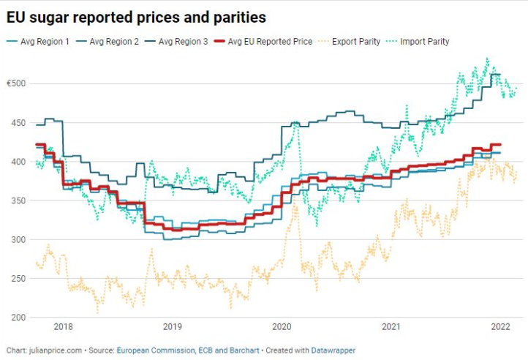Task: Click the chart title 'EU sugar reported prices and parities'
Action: (136, 15)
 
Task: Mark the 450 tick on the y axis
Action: (18, 122)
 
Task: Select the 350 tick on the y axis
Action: (18, 200)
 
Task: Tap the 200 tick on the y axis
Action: (18, 318)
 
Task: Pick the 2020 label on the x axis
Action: (282, 328)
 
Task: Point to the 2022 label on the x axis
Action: (501, 328)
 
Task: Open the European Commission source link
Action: (156, 350)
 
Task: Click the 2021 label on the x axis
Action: (391, 328)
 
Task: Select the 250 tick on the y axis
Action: (18, 279)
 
